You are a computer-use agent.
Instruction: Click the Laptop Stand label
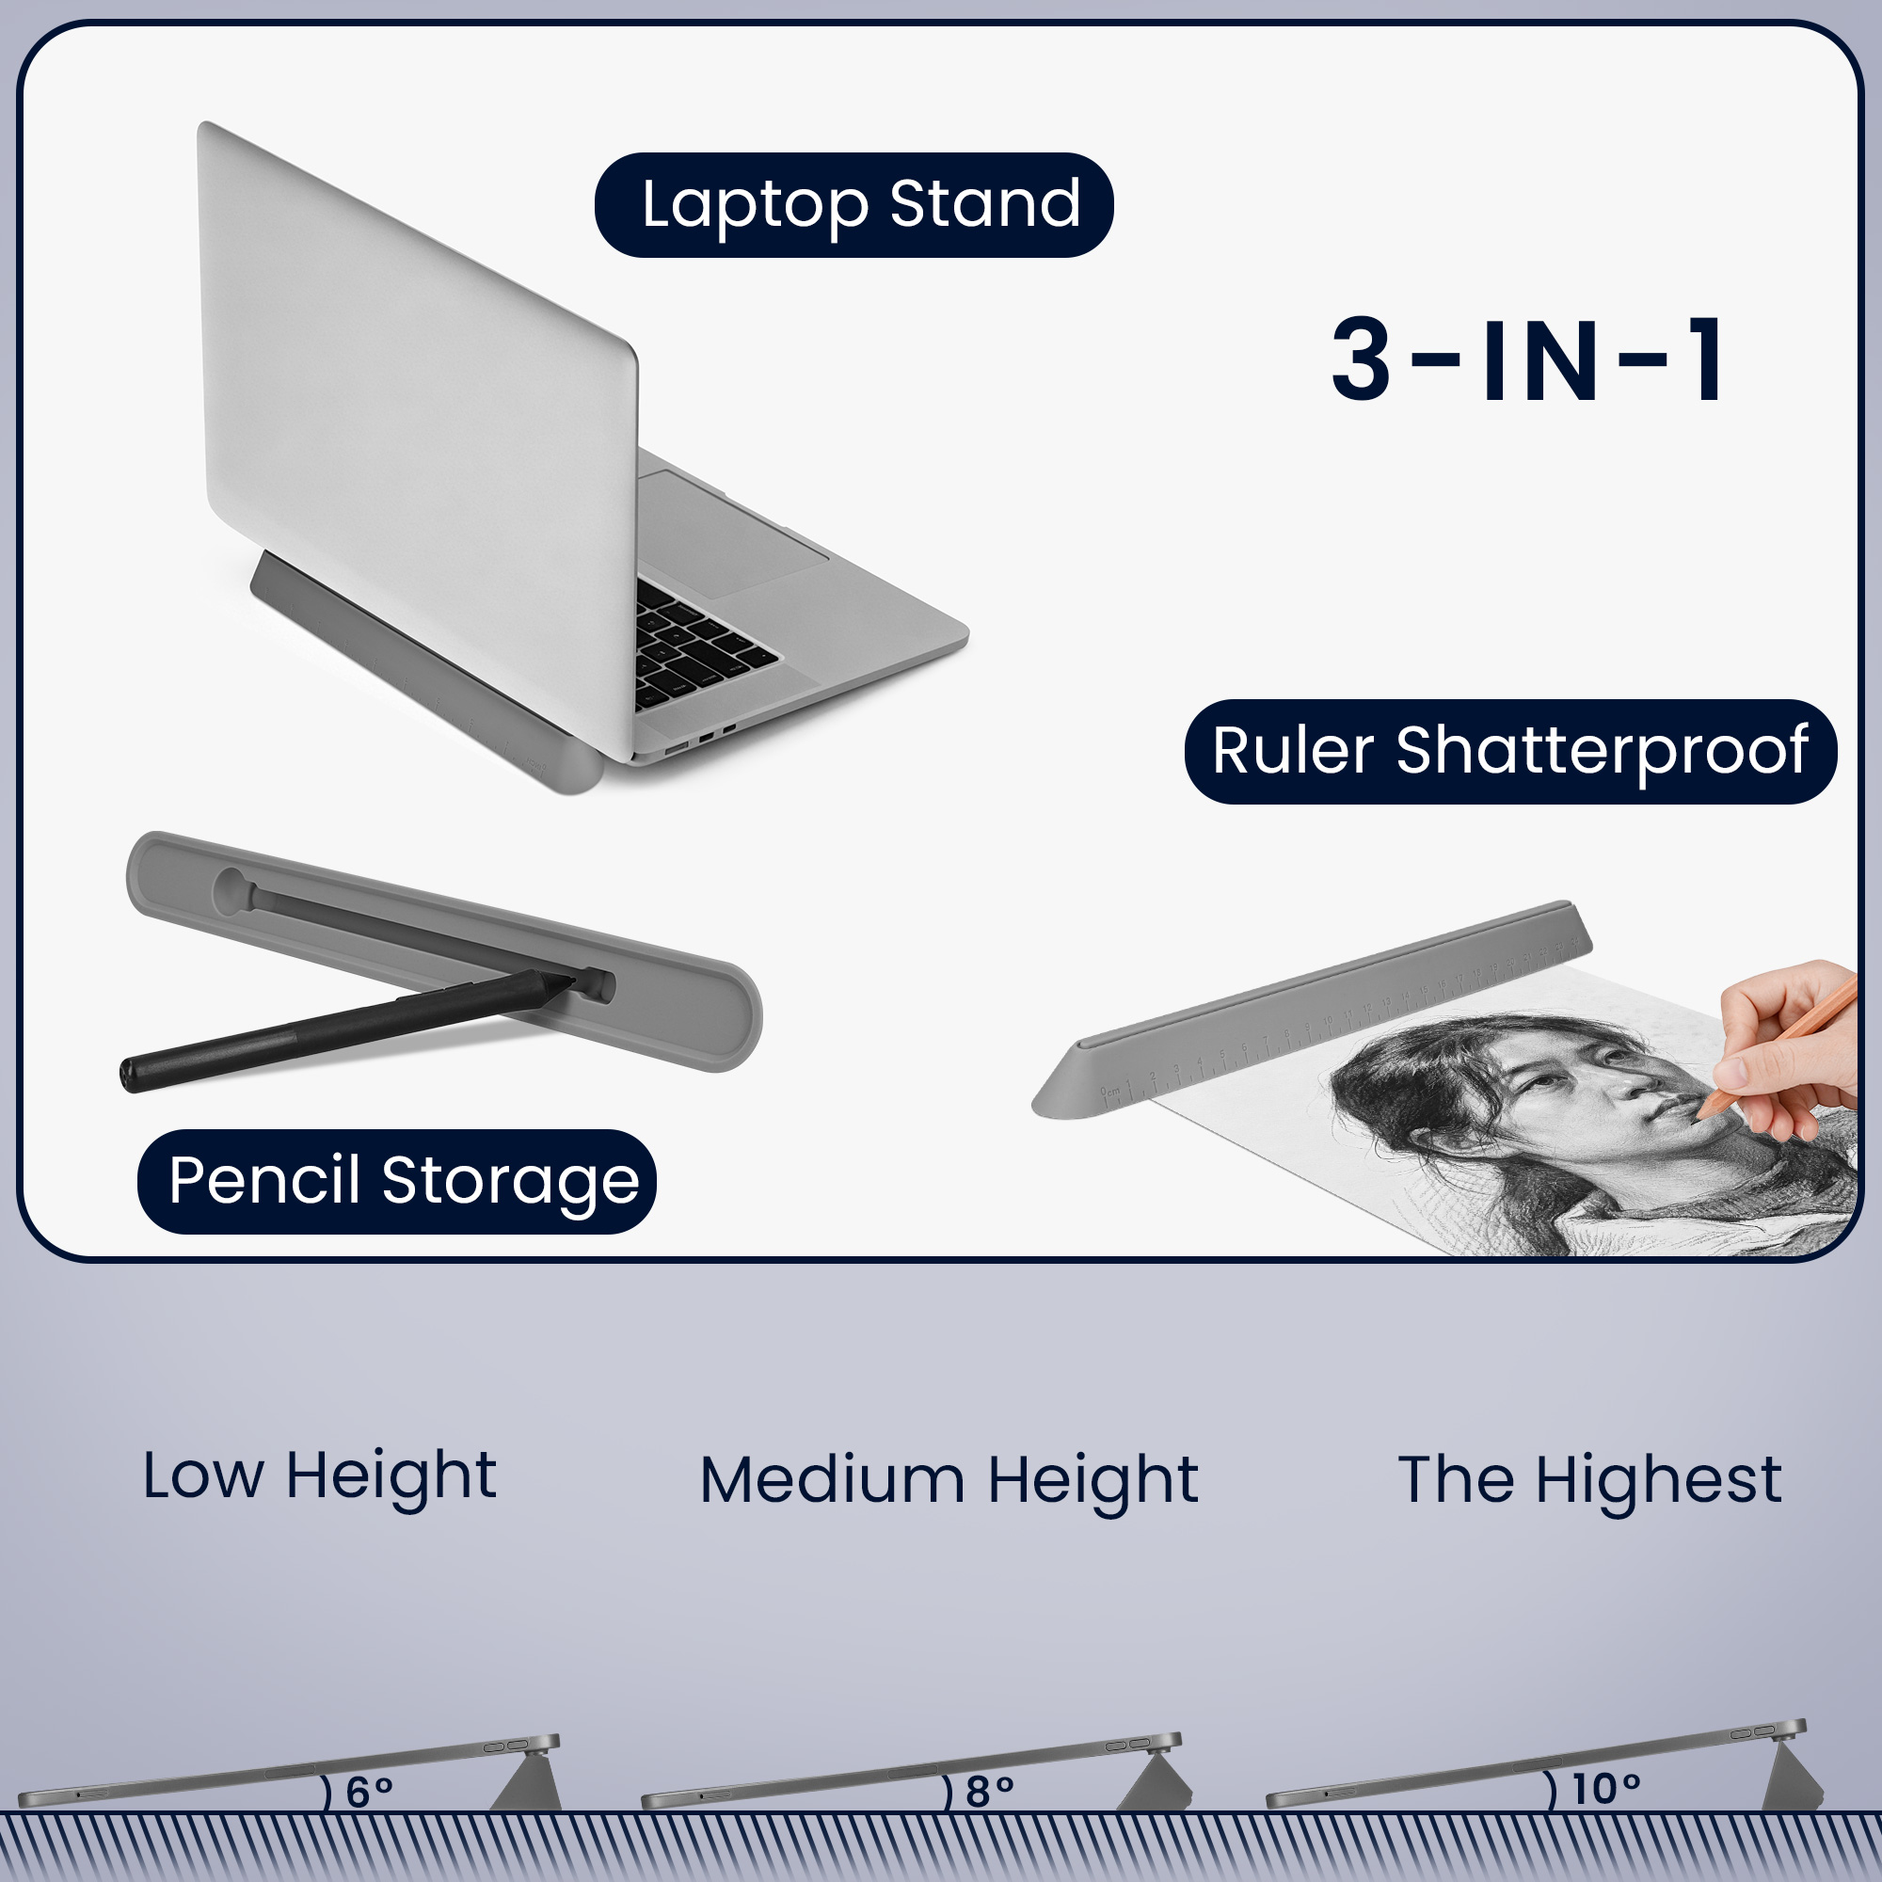853,204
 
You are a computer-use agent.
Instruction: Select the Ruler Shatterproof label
1510,751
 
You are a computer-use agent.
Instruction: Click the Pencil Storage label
396,1182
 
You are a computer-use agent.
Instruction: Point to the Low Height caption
320,1477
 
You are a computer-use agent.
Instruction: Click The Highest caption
1589,1480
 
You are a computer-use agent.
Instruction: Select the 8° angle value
990,1792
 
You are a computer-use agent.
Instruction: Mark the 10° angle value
1606,1790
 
